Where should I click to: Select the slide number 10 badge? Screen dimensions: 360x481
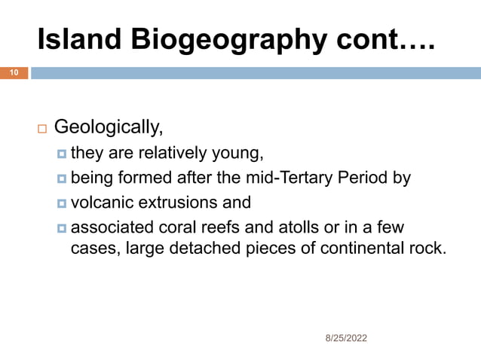click(x=14, y=73)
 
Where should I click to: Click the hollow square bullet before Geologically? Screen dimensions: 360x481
click(x=42, y=127)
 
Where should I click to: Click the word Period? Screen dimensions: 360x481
click(x=369, y=178)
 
